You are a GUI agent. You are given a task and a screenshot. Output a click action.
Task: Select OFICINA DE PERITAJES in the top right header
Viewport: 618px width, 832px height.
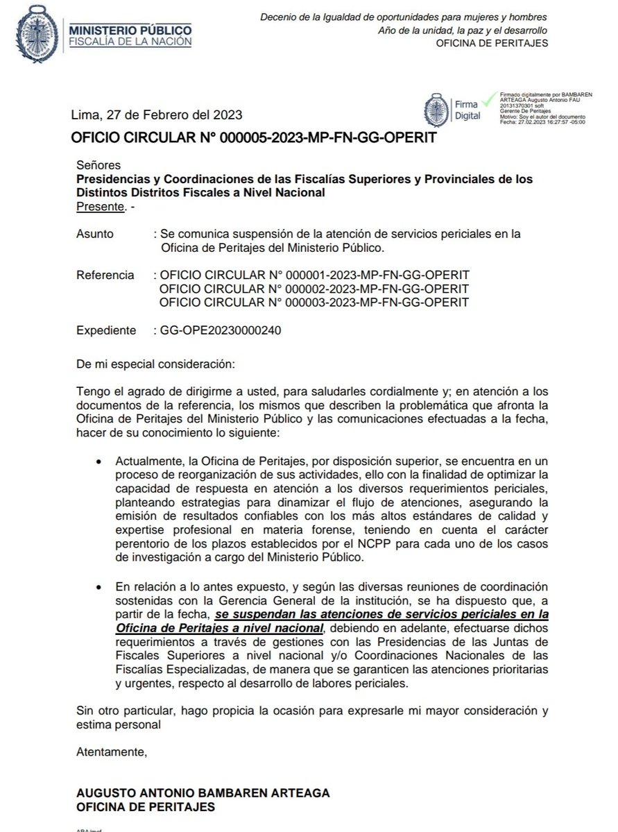492,44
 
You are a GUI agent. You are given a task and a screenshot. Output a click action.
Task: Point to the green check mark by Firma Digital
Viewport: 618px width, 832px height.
490,99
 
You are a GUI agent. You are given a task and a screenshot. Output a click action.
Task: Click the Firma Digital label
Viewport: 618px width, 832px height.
467,110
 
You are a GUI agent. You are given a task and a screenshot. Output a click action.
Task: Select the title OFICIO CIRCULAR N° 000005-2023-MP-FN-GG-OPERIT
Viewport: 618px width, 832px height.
254,137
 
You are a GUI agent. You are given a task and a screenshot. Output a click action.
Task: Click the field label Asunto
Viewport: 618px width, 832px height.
95,235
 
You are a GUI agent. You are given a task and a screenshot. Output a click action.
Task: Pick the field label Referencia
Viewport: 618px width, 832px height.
105,275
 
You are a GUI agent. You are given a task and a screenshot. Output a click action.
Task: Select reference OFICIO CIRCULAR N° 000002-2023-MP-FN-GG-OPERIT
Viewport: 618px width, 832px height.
314,289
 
